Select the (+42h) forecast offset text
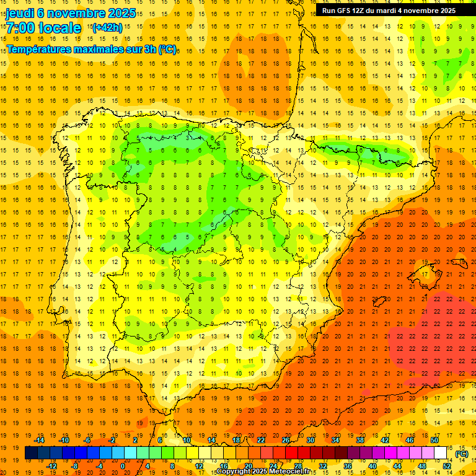coord(107,27)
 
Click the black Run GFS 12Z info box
coord(389,10)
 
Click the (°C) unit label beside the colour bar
coord(461,454)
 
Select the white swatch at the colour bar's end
coord(441,453)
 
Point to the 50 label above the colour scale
coord(434,440)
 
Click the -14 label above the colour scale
coord(40,440)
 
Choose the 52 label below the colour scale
coord(447,466)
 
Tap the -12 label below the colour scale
coord(52,466)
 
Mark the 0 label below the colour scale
coord(123,466)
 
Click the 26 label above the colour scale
coord(286,440)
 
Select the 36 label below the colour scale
coord(348,466)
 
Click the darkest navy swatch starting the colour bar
coord(32,453)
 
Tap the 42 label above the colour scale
coord(385,440)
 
